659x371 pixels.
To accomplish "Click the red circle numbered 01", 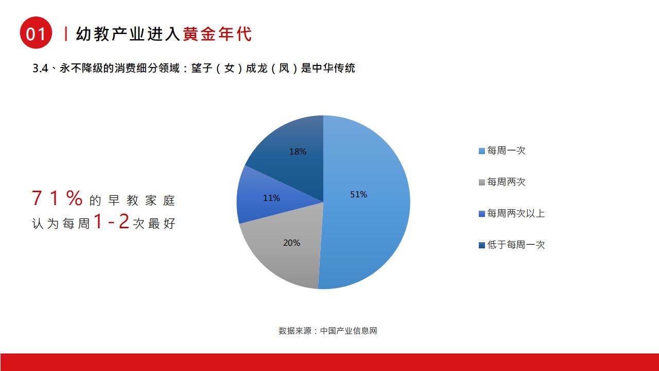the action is click(x=36, y=32).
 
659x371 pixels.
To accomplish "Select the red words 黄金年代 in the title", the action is click(x=217, y=34).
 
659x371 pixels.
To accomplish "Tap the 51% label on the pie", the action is click(x=358, y=194).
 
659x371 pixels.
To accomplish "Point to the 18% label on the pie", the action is click(x=298, y=151).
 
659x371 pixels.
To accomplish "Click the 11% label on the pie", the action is click(x=271, y=198).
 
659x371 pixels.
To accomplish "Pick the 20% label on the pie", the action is click(x=291, y=243).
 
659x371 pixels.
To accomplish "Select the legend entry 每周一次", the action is click(x=506, y=150).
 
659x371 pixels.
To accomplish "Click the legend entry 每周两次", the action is click(x=506, y=182).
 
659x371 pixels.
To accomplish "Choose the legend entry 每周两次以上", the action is click(x=516, y=213).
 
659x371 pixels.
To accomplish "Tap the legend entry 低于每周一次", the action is click(x=516, y=245).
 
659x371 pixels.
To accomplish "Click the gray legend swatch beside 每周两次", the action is click(x=481, y=182).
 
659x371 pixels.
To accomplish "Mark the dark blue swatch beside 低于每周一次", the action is click(x=481, y=245).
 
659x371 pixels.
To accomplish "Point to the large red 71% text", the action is click(x=57, y=198).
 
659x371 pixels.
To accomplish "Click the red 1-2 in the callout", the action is click(x=111, y=221).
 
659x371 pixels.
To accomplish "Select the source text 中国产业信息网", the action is click(x=349, y=331).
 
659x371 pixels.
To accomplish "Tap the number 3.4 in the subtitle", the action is click(x=40, y=69).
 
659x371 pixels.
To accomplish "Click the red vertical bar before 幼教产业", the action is click(x=66, y=34).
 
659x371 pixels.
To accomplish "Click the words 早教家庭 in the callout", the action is click(x=142, y=200).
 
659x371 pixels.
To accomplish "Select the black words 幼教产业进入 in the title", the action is click(x=128, y=34).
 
